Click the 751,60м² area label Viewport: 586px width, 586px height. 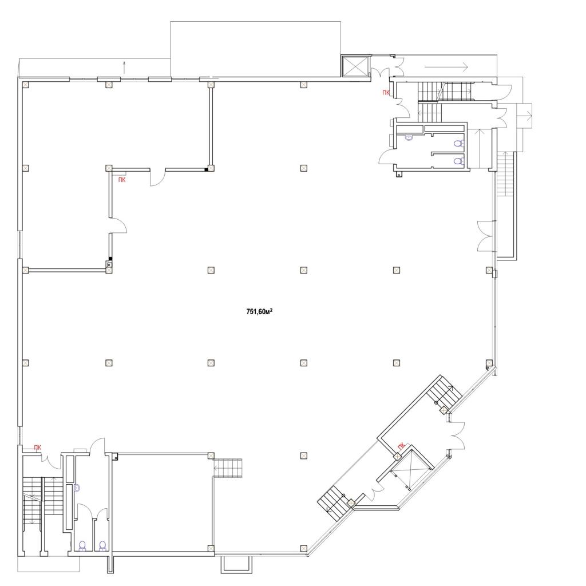(x=259, y=311)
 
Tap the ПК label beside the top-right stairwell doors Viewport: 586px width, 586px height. (x=386, y=92)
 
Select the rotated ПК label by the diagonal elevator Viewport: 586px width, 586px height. (x=401, y=446)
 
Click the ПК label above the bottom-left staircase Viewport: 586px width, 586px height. (x=38, y=448)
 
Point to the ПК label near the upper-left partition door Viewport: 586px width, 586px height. (x=122, y=180)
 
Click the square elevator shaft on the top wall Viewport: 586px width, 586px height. (x=355, y=66)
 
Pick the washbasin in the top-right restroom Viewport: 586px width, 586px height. (x=409, y=137)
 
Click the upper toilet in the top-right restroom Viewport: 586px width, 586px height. (x=458, y=143)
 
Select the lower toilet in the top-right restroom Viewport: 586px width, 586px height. (x=458, y=161)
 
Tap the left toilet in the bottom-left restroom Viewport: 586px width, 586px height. (x=83, y=546)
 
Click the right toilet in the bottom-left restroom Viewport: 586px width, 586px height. (x=102, y=546)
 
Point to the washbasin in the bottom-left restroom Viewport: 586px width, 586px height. (x=77, y=488)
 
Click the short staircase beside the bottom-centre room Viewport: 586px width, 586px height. (x=228, y=468)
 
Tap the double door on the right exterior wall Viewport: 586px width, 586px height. (x=486, y=236)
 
